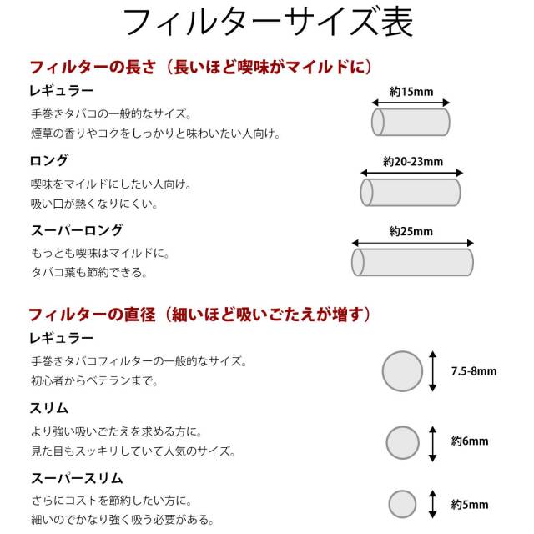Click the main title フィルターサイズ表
pyautogui.click(x=268, y=23)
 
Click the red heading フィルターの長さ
pyautogui.click(x=93, y=67)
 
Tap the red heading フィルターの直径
pyautogui.click(x=92, y=314)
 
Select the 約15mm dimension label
pyautogui.click(x=411, y=92)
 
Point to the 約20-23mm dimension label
pyautogui.click(x=413, y=161)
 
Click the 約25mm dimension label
pyautogui.click(x=411, y=232)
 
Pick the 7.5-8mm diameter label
pyautogui.click(x=474, y=370)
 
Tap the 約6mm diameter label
pyautogui.click(x=470, y=441)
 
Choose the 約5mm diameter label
pyautogui.click(x=470, y=504)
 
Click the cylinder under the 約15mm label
pyautogui.click(x=411, y=122)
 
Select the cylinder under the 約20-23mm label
pyautogui.click(x=411, y=193)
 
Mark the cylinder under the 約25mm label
pyautogui.click(x=412, y=262)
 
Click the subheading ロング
pyautogui.click(x=49, y=160)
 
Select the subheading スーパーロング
pyautogui.click(x=77, y=230)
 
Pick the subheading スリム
pyautogui.click(x=49, y=408)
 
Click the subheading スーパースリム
pyautogui.click(x=77, y=478)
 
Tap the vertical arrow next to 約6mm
pyautogui.click(x=432, y=444)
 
